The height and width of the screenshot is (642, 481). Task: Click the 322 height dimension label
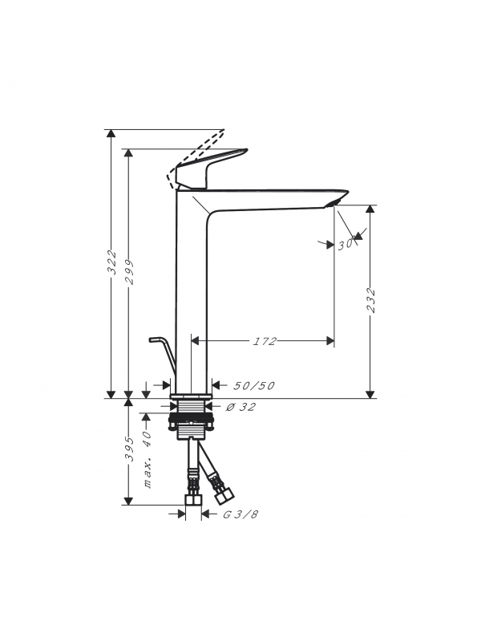click(111, 263)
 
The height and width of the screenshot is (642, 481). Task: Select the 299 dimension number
click(129, 272)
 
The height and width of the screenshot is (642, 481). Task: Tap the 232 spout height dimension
click(371, 300)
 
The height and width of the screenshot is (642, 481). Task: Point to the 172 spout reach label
click(265, 341)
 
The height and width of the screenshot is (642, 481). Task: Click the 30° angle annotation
click(346, 245)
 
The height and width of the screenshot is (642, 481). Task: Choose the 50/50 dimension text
click(253, 386)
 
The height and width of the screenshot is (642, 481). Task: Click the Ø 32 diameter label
click(241, 407)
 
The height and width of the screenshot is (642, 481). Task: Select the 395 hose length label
click(129, 449)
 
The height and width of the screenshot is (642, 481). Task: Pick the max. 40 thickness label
click(148, 459)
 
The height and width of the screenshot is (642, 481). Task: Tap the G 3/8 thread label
click(240, 514)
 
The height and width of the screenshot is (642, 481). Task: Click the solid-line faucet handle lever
click(212, 168)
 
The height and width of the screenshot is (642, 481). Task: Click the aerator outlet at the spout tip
click(333, 204)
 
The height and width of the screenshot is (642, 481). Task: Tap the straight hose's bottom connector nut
click(193, 500)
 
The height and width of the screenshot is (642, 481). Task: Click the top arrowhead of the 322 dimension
click(111, 134)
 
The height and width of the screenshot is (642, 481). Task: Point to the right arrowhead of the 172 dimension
click(329, 340)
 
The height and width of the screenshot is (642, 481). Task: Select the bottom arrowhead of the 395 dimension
click(128, 501)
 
